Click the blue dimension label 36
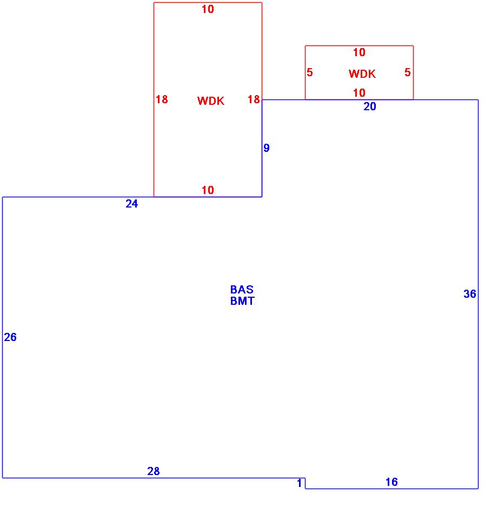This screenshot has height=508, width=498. (x=470, y=294)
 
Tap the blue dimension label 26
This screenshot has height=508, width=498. (x=10, y=337)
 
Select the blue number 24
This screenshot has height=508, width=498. (x=132, y=204)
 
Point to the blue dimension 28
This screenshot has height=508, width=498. (x=154, y=471)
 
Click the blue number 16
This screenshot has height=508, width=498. (x=391, y=482)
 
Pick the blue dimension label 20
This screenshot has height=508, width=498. (x=370, y=106)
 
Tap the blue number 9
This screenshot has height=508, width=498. (x=267, y=148)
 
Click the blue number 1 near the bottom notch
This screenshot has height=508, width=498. (x=300, y=483)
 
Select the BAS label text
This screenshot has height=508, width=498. (x=242, y=290)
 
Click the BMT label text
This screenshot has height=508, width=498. (x=242, y=301)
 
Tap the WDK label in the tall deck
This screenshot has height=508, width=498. (x=211, y=101)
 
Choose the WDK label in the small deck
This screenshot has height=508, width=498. (x=362, y=74)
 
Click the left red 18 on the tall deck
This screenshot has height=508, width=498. (x=162, y=99)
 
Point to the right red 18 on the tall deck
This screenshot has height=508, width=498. (x=254, y=99)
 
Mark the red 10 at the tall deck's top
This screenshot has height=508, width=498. (x=208, y=9)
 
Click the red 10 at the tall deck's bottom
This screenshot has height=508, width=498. (x=208, y=190)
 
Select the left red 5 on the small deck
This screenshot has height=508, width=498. (x=310, y=72)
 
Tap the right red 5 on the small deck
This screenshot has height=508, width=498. (x=408, y=72)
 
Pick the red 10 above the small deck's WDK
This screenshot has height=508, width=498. (x=359, y=52)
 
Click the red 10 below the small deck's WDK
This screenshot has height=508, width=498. (x=359, y=93)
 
